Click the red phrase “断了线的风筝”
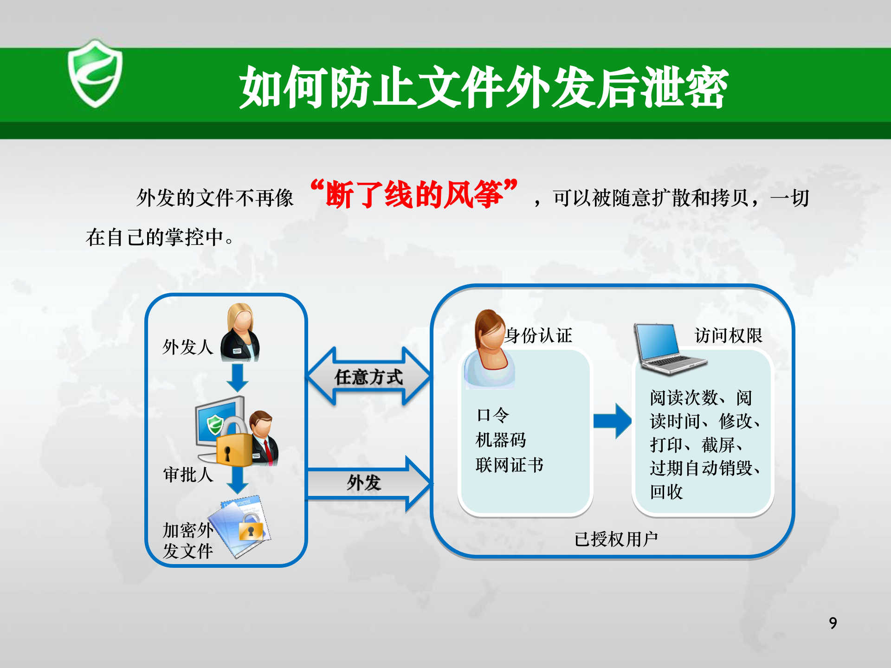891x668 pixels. pyautogui.click(x=414, y=194)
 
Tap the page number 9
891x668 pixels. pyautogui.click(x=833, y=623)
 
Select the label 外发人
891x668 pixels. pyautogui.click(x=187, y=347)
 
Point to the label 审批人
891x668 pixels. pyautogui.click(x=188, y=475)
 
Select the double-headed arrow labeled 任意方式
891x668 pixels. pyautogui.click(x=369, y=377)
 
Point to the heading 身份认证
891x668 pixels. pyautogui.click(x=539, y=335)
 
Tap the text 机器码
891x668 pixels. pyautogui.click(x=501, y=440)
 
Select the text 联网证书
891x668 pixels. pyautogui.click(x=510, y=465)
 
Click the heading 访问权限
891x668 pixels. pyautogui.click(x=728, y=335)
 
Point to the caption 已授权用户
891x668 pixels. pyautogui.click(x=616, y=539)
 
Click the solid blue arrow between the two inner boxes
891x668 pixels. pyautogui.click(x=613, y=421)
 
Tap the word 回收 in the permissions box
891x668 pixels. pyautogui.click(x=666, y=492)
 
